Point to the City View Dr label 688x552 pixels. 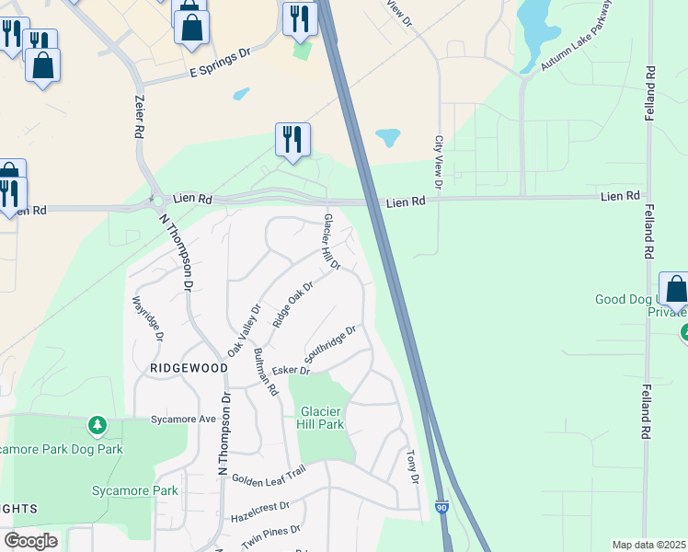tap(439, 164)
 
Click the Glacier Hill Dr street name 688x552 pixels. tap(331, 242)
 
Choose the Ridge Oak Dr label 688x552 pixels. tap(293, 305)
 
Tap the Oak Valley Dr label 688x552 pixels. tap(245, 331)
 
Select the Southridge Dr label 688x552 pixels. tap(330, 344)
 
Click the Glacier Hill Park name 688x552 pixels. tap(319, 418)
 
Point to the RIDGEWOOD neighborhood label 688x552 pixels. tap(189, 368)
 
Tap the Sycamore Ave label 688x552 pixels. tap(183, 419)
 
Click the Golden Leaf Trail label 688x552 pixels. tap(268, 477)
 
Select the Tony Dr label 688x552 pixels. tap(413, 467)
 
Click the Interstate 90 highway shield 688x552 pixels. tap(442, 507)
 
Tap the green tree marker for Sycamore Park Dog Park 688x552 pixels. tap(97, 425)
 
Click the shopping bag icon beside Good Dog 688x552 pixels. tap(675, 289)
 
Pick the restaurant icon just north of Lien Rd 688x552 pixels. tap(292, 140)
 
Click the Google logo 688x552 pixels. tap(30, 541)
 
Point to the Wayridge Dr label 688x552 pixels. tap(148, 318)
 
